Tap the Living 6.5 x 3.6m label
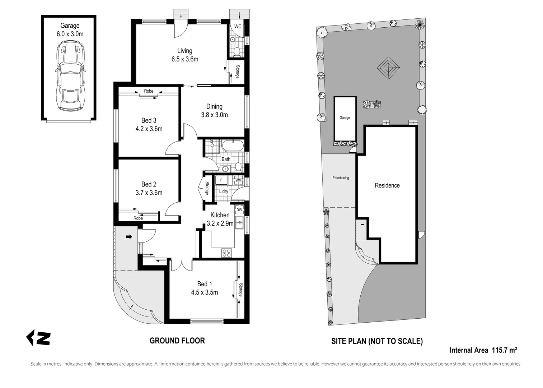[184, 55]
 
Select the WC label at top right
[238, 27]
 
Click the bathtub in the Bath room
[233, 146]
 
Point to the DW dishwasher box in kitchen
[239, 210]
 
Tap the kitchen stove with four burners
[226, 253]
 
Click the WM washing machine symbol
[239, 180]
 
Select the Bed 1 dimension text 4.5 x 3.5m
[204, 292]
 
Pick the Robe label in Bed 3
[149, 91]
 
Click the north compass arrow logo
[38, 338]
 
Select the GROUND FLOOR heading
[177, 341]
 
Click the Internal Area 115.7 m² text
[483, 350]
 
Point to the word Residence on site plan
[387, 185]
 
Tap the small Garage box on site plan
[345, 118]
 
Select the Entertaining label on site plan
[341, 178]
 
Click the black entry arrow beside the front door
[128, 237]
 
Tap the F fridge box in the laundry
[221, 180]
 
